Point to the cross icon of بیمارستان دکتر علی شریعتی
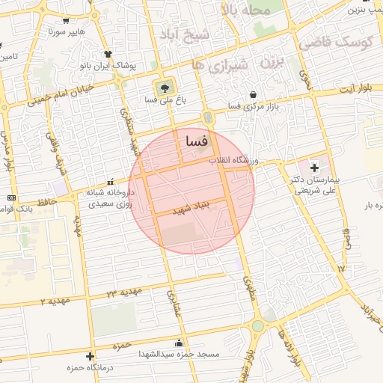314,167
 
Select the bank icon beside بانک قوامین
11,197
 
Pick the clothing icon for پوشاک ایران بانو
108,54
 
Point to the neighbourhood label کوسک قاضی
336,43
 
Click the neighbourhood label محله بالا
251,10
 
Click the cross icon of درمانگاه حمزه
91,356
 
